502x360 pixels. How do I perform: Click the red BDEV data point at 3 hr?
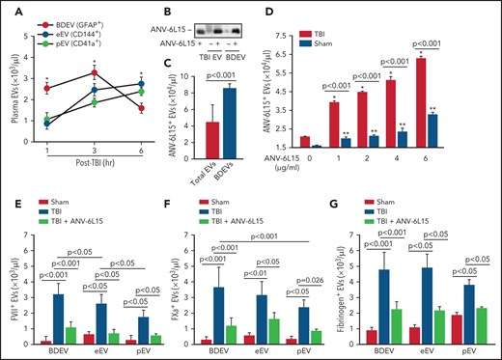(93, 72)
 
